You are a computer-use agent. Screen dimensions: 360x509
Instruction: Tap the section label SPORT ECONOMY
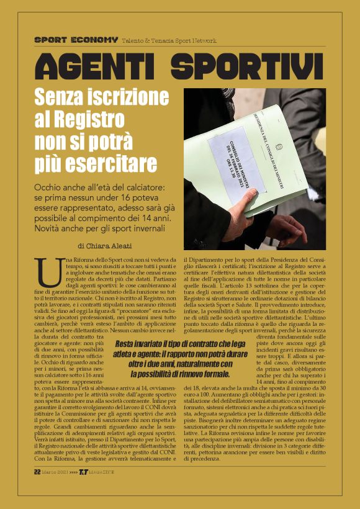click(76, 40)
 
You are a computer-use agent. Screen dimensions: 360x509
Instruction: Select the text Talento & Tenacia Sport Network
click(169, 40)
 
